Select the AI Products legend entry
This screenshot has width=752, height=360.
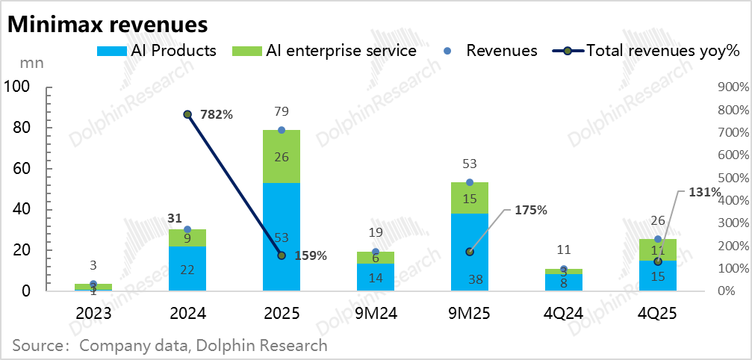157,51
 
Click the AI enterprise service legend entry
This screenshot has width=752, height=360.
325,51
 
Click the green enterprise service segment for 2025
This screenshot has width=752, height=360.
282,156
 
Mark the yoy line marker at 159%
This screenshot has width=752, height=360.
282,255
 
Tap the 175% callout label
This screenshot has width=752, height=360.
531,210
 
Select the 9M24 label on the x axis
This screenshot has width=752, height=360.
375,314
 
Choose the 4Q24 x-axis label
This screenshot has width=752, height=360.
563,314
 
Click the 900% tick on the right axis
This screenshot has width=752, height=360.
732,87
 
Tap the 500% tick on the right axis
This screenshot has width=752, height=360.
732,178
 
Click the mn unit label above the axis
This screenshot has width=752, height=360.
31,63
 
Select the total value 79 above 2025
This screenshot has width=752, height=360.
282,112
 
